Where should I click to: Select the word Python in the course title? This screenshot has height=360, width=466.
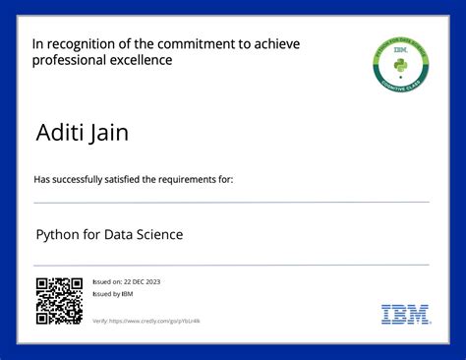[57, 235]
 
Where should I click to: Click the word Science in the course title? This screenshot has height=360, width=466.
[158, 235]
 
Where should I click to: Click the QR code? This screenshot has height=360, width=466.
[59, 301]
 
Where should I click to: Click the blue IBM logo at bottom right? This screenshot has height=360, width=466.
[405, 315]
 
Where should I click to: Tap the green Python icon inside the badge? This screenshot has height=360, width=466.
[400, 65]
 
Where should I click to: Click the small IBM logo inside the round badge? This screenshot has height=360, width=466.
[400, 48]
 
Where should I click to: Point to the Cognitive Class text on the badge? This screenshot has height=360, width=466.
[400, 85]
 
